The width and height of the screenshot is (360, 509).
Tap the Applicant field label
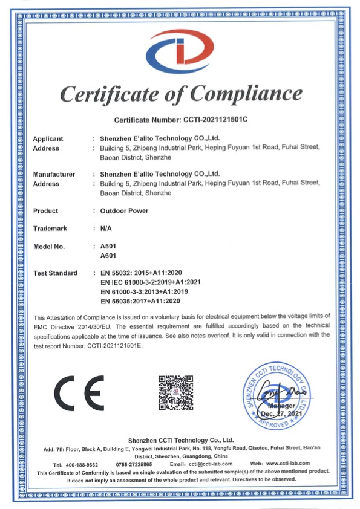48,138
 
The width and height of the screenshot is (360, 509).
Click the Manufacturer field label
54,175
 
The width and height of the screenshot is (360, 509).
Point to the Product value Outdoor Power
124,211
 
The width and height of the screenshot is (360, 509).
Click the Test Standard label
55,274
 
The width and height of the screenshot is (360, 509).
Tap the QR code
175,393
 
